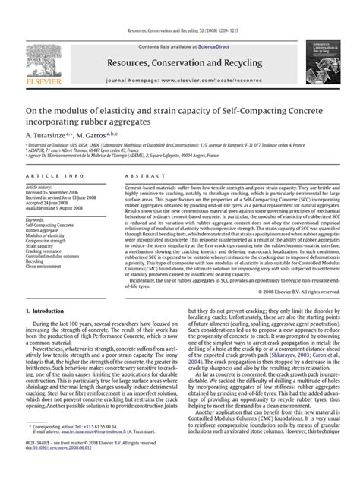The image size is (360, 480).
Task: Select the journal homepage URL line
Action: [180, 79]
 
